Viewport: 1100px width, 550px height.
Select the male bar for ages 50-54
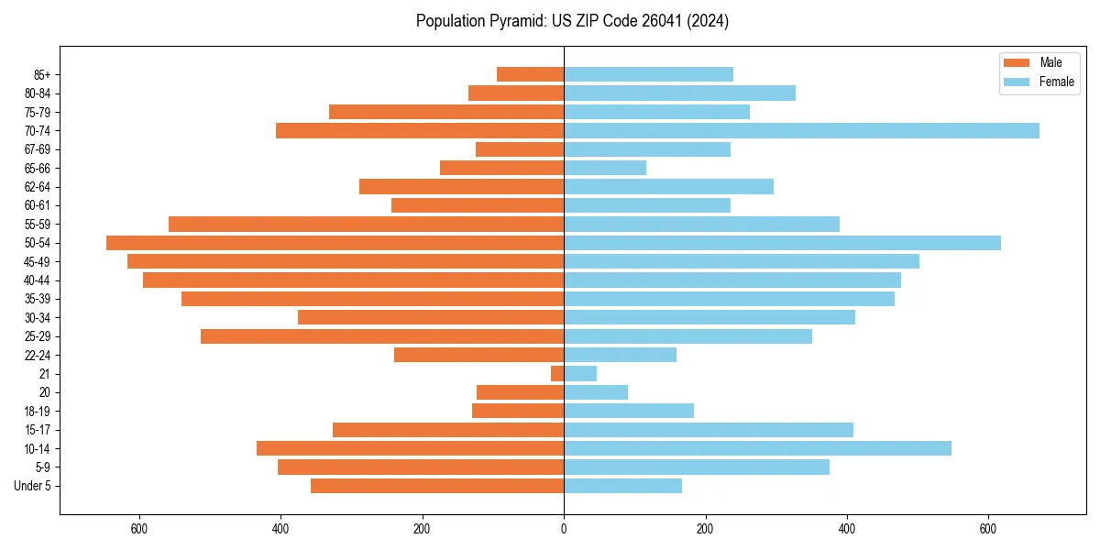coord(335,243)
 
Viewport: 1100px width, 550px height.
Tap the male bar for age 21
coord(557,373)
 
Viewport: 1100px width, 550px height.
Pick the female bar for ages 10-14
coord(757,448)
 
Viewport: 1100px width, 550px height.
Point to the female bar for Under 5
coord(622,486)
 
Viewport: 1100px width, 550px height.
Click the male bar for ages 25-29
coord(382,336)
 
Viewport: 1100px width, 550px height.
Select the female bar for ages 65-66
coord(605,168)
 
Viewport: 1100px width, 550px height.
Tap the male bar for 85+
coord(530,74)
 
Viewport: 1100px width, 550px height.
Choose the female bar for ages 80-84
coord(679,93)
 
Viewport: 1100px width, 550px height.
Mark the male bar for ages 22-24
coord(478,355)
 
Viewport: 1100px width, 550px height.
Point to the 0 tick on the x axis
coord(564,530)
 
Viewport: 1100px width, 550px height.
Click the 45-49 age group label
coord(38,261)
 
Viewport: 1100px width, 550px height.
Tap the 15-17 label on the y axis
coord(38,430)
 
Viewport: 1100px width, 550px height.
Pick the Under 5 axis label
coord(32,486)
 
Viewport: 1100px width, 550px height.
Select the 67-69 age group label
coord(38,149)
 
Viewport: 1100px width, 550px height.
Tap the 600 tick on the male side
coord(139,530)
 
